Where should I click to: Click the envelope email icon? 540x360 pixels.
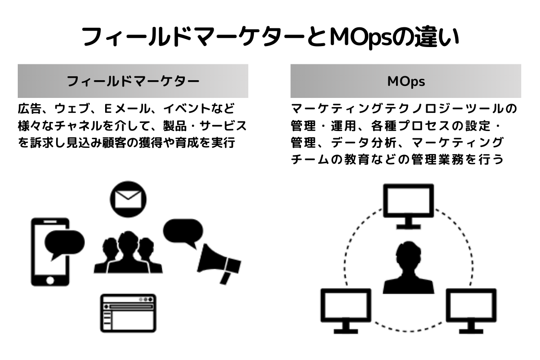coord(128,198)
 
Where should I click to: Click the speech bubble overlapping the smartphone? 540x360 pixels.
coord(63,243)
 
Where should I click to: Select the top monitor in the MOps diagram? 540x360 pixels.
coord(408,205)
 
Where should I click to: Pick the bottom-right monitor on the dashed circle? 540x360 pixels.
coord(471,310)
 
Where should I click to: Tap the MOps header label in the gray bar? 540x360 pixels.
coord(406,81)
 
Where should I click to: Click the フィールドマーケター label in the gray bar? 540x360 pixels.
coord(132,81)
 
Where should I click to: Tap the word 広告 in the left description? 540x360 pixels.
coord(28,109)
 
